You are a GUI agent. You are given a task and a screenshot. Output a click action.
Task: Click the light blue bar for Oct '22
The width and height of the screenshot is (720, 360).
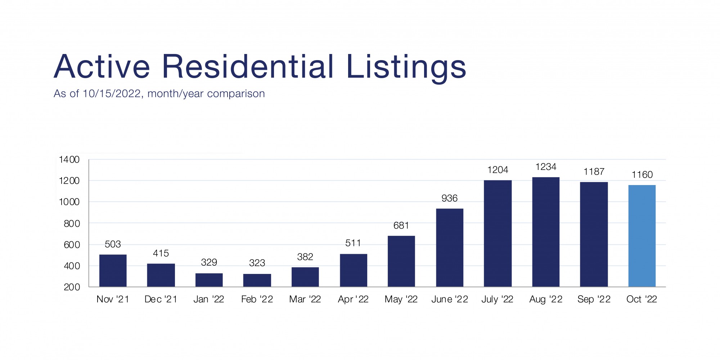click(x=642, y=236)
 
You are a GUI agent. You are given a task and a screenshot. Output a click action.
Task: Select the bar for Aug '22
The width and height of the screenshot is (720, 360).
click(x=546, y=232)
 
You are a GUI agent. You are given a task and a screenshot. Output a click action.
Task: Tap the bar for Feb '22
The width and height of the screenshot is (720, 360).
click(x=257, y=280)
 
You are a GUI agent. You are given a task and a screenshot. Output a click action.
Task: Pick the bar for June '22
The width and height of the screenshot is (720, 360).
click(x=450, y=248)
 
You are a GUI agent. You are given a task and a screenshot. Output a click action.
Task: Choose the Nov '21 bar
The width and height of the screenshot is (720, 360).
click(x=113, y=270)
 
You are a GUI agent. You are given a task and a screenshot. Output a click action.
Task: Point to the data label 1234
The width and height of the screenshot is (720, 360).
click(x=546, y=167)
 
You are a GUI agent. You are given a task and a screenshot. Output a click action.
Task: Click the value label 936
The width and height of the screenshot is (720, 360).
click(x=450, y=198)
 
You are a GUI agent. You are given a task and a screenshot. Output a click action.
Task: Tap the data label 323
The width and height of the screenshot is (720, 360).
click(x=257, y=263)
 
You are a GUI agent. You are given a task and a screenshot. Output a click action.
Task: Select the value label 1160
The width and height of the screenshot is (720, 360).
click(x=642, y=175)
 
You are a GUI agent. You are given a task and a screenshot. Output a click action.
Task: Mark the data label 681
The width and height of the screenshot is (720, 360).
click(x=401, y=226)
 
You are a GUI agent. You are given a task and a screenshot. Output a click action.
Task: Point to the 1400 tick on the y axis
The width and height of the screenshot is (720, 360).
click(x=69, y=159)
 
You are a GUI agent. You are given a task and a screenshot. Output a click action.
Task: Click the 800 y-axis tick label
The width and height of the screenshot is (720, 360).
click(x=72, y=224)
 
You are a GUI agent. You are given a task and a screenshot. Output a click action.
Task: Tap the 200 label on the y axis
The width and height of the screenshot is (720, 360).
click(x=72, y=287)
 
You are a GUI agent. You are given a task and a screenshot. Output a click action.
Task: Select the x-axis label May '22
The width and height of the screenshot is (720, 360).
click(x=401, y=300)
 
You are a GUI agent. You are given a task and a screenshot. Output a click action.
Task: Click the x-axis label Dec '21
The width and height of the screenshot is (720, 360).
click(x=161, y=300)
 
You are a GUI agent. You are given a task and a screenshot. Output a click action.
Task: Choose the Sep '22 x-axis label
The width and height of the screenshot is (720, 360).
click(x=594, y=300)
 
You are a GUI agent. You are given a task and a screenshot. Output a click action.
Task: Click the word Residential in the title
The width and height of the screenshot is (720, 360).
click(x=248, y=67)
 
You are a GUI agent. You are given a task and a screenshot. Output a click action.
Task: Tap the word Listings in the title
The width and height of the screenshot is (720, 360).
click(x=406, y=67)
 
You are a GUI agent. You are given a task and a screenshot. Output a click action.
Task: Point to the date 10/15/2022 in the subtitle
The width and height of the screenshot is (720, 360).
click(x=112, y=94)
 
